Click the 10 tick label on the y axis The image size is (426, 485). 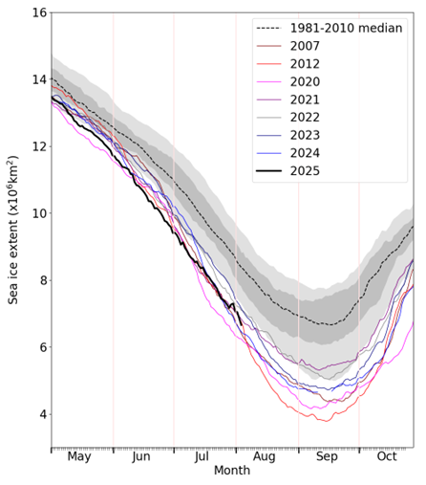37,212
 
